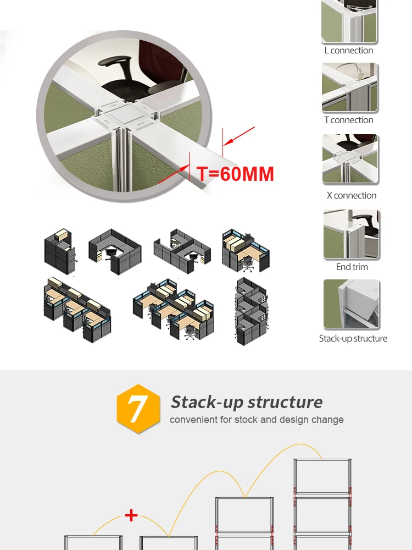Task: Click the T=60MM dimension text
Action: tap(235, 174)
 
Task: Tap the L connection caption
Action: tap(349, 51)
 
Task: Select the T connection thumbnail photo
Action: tap(350, 87)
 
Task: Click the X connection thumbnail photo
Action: tap(350, 159)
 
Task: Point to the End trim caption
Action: tap(352, 267)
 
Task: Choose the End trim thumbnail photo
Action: tap(352, 234)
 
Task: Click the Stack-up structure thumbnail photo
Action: tap(352, 304)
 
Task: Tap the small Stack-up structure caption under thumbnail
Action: tap(353, 338)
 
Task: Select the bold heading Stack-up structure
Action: tap(247, 402)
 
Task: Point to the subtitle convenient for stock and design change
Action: tap(257, 420)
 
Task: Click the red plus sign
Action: tap(131, 515)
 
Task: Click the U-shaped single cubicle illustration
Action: tap(114, 251)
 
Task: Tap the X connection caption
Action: tap(352, 195)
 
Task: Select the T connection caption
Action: tap(349, 120)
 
